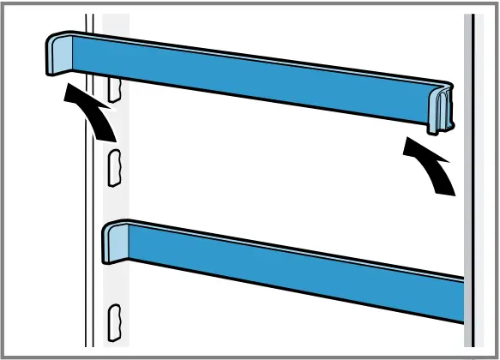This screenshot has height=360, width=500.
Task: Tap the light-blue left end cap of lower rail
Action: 115,243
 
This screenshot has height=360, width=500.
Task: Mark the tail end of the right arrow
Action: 446,189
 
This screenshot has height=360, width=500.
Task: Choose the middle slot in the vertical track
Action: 112,166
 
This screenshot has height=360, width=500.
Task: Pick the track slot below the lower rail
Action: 112,319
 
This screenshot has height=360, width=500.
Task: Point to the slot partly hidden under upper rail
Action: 112,85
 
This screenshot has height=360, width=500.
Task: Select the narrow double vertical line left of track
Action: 88,214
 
